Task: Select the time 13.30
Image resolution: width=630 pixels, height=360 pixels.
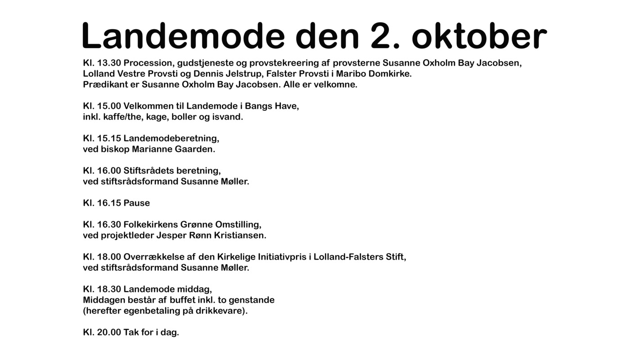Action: point(109,63)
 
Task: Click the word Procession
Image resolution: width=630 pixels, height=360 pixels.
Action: point(149,63)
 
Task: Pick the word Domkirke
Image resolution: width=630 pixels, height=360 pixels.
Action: point(390,74)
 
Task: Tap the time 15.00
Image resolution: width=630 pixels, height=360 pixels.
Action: point(109,106)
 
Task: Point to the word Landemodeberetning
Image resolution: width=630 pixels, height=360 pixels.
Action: point(171,139)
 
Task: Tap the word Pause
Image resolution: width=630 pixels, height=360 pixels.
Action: point(136,203)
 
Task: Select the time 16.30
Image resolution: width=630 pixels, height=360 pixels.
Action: point(109,225)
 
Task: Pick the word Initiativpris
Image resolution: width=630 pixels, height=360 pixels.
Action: point(282,257)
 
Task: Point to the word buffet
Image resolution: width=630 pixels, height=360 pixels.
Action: point(182,300)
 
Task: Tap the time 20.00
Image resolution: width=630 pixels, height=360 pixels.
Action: point(109,333)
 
